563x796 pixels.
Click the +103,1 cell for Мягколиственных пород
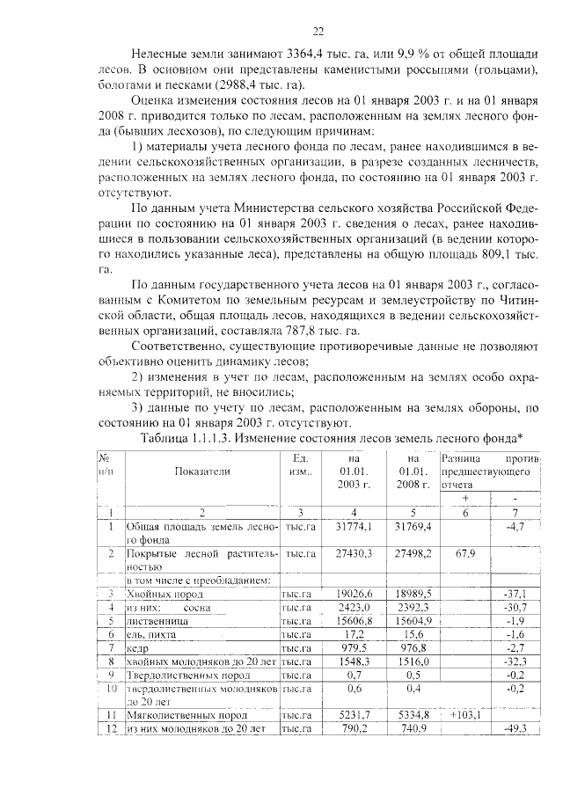click(x=464, y=715)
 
